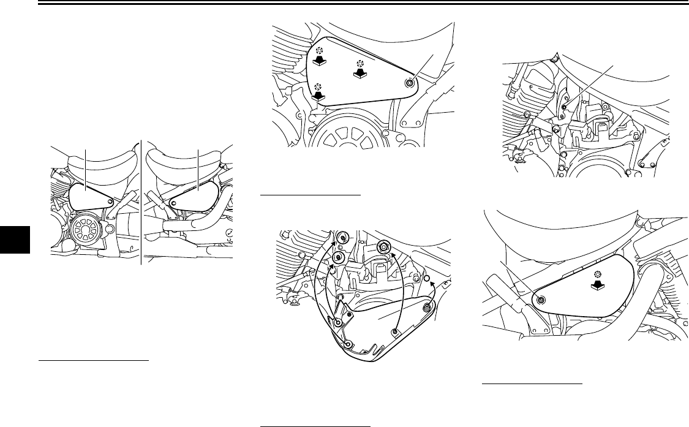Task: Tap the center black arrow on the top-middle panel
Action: point(360,74)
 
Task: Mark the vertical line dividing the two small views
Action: point(141,202)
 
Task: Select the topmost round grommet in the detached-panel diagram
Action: point(342,237)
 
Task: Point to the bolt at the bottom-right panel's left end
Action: point(541,300)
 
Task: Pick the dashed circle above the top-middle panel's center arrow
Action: point(360,64)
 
